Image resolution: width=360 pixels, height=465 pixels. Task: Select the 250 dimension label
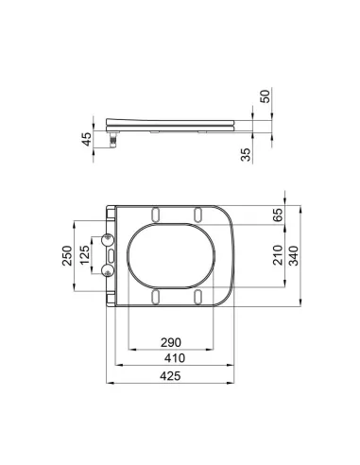click(x=67, y=255)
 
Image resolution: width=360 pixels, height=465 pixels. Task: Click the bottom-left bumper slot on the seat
click(x=156, y=297)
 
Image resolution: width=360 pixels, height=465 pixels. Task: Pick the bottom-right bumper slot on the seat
click(x=197, y=297)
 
